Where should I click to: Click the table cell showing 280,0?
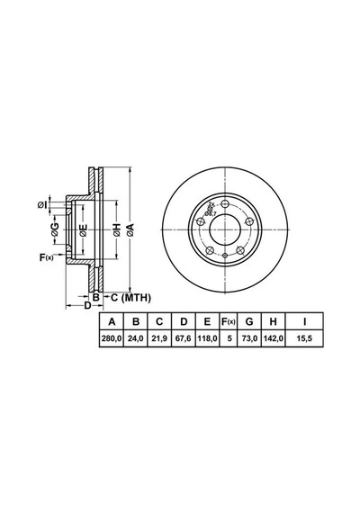tap(112, 338)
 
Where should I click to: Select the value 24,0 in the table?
tap(136, 338)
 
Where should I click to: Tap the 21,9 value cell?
tap(159, 338)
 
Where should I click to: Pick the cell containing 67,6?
tap(184, 338)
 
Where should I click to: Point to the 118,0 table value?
tap(207, 338)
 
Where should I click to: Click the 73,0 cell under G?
tap(249, 338)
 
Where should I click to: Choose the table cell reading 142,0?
tap(273, 338)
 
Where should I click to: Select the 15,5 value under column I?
tap(304, 338)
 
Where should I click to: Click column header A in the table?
tap(112, 321)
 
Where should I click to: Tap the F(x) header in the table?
tap(228, 321)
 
